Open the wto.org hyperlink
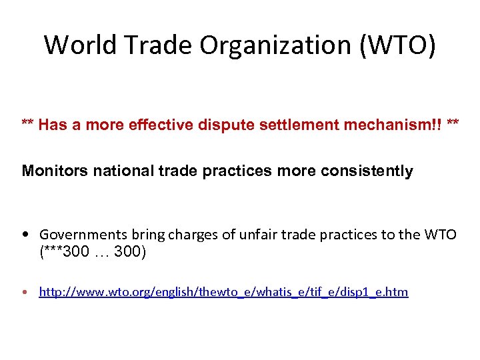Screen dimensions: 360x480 click(223, 292)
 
